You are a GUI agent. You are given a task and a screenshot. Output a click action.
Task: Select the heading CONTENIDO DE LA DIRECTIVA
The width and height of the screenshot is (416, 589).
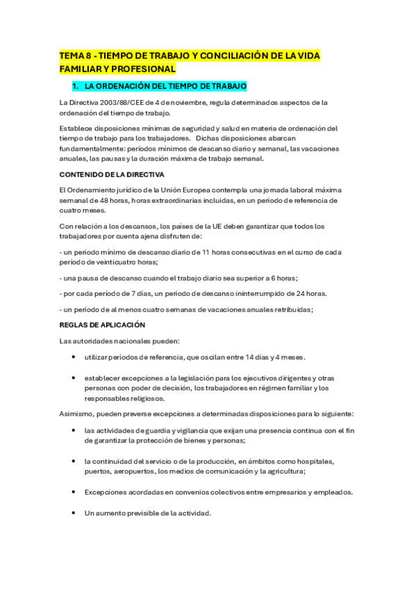tap(111, 174)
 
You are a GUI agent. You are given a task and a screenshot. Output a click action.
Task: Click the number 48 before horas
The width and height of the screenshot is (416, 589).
tap(106, 200)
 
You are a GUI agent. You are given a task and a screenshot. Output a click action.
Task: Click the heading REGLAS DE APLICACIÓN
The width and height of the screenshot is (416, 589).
tap(101, 324)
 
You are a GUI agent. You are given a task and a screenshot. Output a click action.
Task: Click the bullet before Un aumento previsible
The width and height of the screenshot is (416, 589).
tap(74, 513)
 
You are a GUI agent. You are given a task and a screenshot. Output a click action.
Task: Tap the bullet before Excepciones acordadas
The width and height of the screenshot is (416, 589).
tap(74, 492)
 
